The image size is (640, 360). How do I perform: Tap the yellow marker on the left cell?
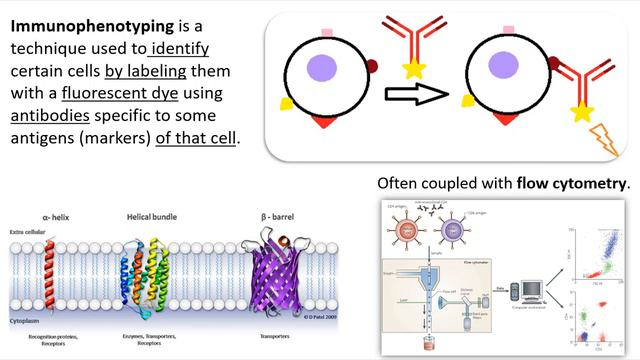286,103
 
